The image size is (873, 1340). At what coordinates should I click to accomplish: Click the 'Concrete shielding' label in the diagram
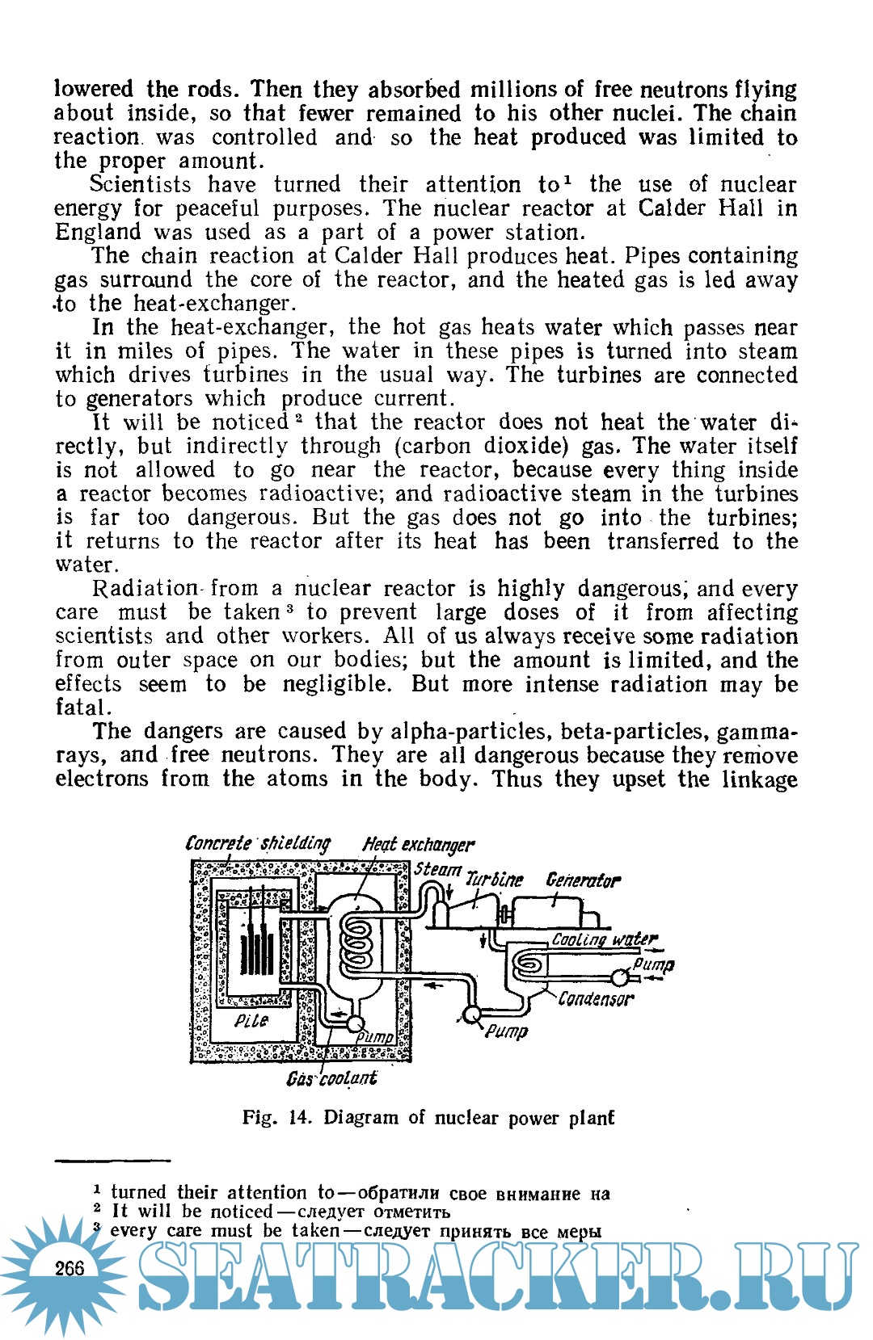[x=258, y=843]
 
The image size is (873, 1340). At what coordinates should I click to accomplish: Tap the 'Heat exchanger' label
[x=418, y=845]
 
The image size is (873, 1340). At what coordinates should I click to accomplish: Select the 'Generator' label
[x=583, y=880]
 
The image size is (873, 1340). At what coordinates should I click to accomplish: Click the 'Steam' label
[x=437, y=870]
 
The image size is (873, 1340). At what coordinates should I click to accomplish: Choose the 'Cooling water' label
[x=604, y=939]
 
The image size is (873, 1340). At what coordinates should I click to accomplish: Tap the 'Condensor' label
[x=596, y=999]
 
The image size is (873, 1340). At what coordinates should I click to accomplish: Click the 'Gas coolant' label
[x=331, y=1078]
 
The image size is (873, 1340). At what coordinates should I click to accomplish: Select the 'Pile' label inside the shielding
[x=251, y=1021]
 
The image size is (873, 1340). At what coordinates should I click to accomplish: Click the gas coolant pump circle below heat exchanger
[x=354, y=1023]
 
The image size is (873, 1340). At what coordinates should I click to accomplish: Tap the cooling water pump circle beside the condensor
[x=620, y=977]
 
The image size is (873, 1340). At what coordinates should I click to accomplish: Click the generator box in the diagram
[x=550, y=913]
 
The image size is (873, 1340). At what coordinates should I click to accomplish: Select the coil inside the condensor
[x=529, y=963]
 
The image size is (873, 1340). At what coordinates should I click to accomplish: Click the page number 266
[x=70, y=1268]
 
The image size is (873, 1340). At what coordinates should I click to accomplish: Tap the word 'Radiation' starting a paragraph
[x=145, y=589]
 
